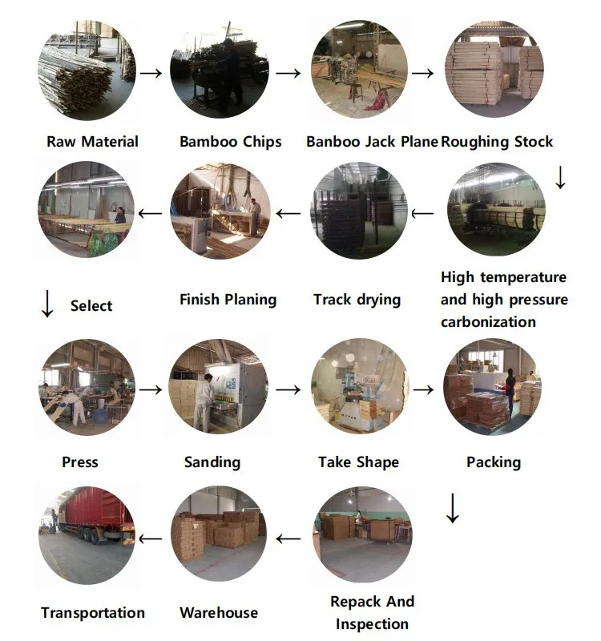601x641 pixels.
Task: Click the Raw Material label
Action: [92, 142]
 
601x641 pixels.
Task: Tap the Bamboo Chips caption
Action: [231, 142]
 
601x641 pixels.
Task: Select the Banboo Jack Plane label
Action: [372, 142]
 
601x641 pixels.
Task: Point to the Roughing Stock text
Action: [497, 142]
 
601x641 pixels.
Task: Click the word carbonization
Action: [488, 322]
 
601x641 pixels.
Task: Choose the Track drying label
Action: [357, 300]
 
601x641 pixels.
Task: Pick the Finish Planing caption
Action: [228, 300]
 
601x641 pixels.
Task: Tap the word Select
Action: [91, 305]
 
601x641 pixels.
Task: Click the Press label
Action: [80, 462]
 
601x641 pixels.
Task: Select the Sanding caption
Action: [212, 462]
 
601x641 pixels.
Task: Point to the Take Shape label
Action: [358, 462]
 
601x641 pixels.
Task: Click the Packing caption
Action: [494, 462]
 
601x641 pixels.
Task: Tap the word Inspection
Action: [372, 623]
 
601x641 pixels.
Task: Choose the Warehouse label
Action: [219, 613]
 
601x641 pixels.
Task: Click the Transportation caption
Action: [93, 613]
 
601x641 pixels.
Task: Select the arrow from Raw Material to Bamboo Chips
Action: [151, 73]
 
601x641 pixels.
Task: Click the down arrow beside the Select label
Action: [47, 303]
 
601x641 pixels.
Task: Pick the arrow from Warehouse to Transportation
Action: [151, 538]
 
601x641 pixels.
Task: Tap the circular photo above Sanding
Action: [217, 388]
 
